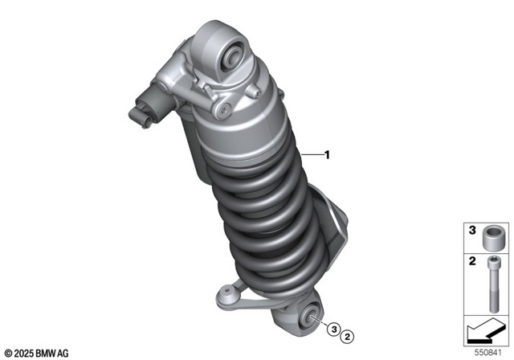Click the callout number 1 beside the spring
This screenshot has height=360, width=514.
point(328,152)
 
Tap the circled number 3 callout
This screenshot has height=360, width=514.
point(332,326)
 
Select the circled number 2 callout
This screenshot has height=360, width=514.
point(349,326)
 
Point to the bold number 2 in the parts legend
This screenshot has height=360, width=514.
point(472,262)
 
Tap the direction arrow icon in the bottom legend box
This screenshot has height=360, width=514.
point(487,329)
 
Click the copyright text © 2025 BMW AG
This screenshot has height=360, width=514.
point(36,351)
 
